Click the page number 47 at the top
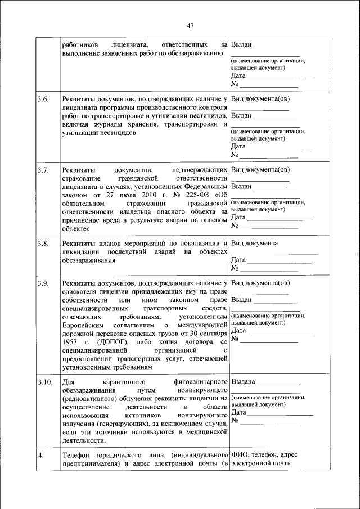[190, 25]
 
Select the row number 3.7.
[43, 169]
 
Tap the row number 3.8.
[43, 244]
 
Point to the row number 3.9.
[43, 283]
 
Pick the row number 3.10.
[45, 382]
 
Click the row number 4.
[41, 455]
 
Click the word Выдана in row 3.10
[243, 382]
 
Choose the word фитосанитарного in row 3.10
[200, 382]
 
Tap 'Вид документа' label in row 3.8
[254, 244]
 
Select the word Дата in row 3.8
[238, 260]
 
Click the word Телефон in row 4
[76, 455]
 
